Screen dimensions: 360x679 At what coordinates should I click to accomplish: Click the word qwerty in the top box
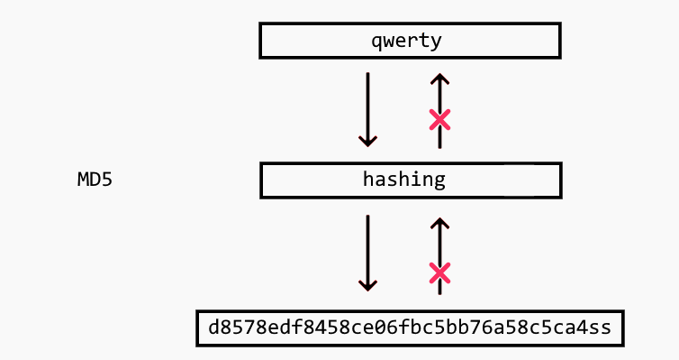[x=409, y=41]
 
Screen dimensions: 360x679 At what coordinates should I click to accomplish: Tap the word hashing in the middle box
[x=403, y=180]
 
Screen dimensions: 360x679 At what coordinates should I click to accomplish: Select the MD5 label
[x=95, y=180]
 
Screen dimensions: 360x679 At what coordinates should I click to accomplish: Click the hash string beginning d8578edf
[x=409, y=328]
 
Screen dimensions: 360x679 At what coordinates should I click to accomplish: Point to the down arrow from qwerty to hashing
[x=367, y=108]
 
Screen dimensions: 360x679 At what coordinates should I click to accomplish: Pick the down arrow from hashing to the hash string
[x=367, y=252]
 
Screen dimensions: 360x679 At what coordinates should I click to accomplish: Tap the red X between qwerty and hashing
[x=439, y=119]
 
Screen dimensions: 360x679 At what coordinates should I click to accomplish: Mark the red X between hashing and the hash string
[x=439, y=272]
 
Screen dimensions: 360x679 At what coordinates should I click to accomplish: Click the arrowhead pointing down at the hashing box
[x=367, y=140]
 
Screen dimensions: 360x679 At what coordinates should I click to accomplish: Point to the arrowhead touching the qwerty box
[x=439, y=79]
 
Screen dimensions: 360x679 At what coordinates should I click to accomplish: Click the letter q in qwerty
[x=376, y=42]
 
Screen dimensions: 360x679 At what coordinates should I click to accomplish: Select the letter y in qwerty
[x=440, y=42]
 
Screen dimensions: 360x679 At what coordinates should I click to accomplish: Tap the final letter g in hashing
[x=439, y=180]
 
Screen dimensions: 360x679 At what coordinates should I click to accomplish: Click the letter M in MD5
[x=83, y=180]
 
